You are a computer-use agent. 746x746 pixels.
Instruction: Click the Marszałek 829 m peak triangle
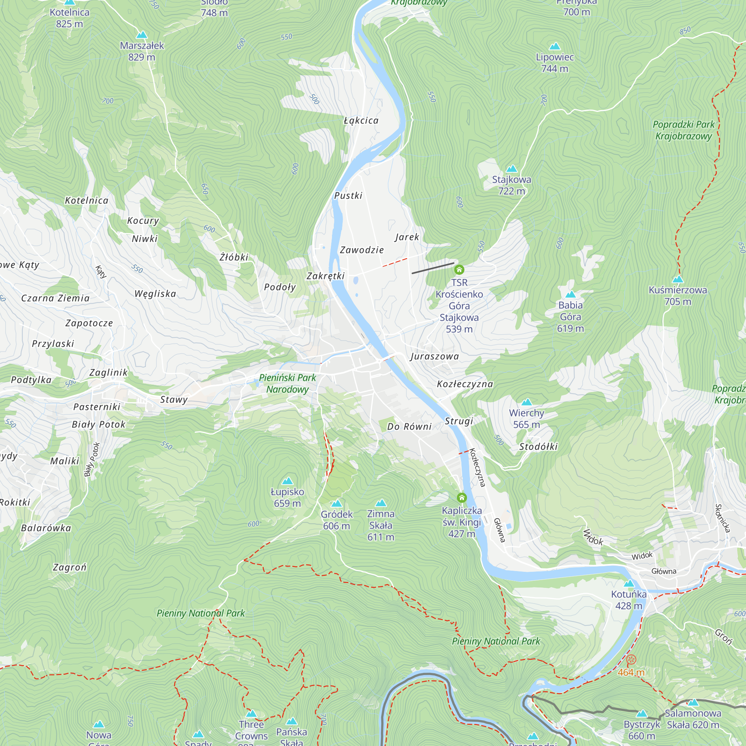tap(142, 35)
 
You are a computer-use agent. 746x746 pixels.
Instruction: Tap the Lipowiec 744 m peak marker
tap(555, 46)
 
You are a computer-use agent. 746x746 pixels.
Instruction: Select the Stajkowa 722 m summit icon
tap(512, 169)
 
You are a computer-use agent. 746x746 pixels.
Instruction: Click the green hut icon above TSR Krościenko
tap(459, 270)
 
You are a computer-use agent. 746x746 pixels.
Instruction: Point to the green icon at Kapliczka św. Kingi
tap(462, 497)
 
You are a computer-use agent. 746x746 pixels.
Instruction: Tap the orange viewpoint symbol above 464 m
tap(631, 659)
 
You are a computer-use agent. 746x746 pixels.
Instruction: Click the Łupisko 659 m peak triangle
tap(287, 481)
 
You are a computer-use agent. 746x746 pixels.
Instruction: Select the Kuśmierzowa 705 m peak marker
tap(678, 279)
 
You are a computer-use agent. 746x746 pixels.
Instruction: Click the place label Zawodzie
tap(362, 250)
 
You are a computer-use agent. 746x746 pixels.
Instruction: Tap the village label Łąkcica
tap(361, 121)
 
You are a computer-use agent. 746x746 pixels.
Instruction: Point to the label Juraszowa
tap(435, 356)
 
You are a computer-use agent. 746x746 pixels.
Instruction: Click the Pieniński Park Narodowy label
tap(287, 383)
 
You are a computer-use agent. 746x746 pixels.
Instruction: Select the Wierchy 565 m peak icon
tap(527, 402)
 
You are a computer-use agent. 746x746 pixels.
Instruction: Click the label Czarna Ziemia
tap(55, 298)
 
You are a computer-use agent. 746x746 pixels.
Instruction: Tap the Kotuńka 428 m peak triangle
tap(629, 583)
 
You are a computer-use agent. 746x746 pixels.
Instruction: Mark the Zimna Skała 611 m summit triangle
tap(381, 503)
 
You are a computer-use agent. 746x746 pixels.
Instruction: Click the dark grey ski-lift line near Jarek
tap(432, 268)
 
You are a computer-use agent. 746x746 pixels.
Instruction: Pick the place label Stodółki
tap(538, 447)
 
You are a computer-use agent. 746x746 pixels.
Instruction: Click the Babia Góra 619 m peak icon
tap(570, 295)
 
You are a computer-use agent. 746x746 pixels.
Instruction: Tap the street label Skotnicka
tap(723, 518)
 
